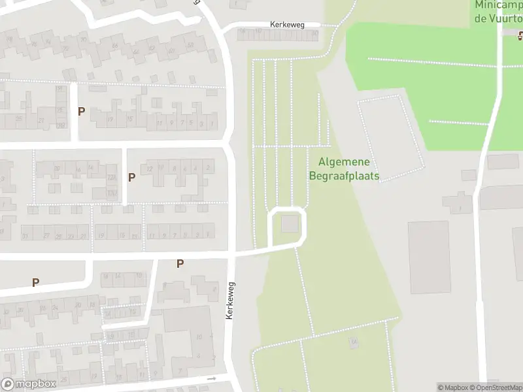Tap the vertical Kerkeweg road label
[x=229, y=301]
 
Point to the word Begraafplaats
[x=344, y=176]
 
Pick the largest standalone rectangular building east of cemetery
[x=429, y=257]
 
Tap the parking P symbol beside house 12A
[x=131, y=177]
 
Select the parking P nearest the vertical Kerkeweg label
[x=180, y=264]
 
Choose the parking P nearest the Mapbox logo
[x=35, y=283]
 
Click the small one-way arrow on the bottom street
[x=211, y=378]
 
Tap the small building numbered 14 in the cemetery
[x=354, y=342]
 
